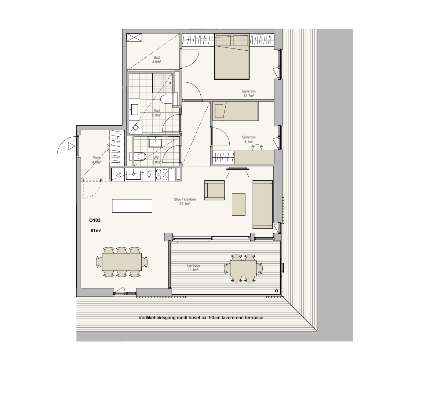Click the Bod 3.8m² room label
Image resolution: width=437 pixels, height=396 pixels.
(157, 60)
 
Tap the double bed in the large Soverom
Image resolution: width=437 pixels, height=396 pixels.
(232, 57)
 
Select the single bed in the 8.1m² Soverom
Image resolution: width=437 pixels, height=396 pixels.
(235, 111)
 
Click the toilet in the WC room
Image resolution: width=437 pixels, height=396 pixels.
(140, 156)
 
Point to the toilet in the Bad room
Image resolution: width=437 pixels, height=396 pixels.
(167, 99)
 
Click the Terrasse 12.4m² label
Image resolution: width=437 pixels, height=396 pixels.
(193, 268)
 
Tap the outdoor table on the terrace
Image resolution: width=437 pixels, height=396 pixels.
(243, 269)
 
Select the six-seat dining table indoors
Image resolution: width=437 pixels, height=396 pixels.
(121, 262)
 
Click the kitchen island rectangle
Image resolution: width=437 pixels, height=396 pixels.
(132, 206)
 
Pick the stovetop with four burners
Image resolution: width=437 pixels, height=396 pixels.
(161, 174)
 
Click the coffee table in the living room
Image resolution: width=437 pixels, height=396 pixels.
(238, 204)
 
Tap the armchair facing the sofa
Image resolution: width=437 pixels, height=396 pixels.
(214, 190)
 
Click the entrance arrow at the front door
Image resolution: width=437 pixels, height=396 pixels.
(71, 146)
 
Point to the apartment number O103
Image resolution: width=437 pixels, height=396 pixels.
(95, 220)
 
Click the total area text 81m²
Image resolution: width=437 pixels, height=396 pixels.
(96, 231)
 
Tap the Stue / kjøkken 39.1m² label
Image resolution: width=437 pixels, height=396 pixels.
(185, 201)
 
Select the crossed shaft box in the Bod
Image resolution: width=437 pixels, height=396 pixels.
(134, 37)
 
